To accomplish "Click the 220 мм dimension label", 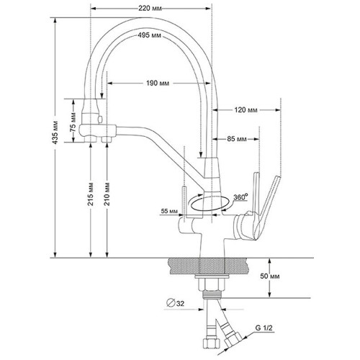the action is pyautogui.click(x=150, y=9).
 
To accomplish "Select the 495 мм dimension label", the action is pyautogui.click(x=149, y=35).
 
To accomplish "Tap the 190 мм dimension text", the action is pyautogui.click(x=158, y=83).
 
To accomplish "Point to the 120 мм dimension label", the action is pyautogui.click(x=246, y=110).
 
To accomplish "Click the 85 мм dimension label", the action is pyautogui.click(x=236, y=139).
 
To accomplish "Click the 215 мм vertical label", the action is pyautogui.click(x=91, y=194).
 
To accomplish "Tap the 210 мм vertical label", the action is pyautogui.click(x=107, y=194).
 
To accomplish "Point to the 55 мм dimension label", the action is pyautogui.click(x=169, y=211).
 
